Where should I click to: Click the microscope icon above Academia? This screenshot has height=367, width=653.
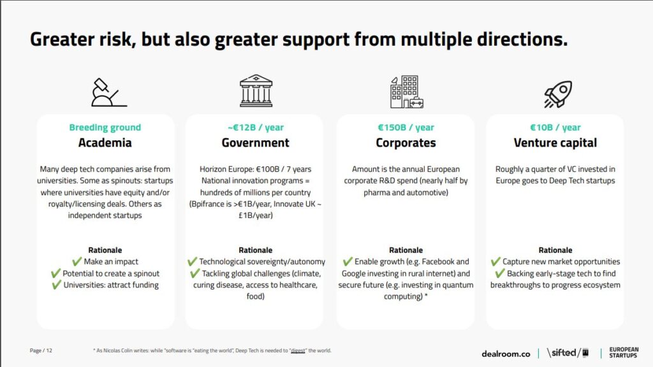tap(109, 92)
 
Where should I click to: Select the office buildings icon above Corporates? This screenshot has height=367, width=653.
tap(406, 92)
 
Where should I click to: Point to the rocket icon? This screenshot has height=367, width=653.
tap(558, 94)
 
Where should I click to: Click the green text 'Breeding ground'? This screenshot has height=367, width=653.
tap(105, 127)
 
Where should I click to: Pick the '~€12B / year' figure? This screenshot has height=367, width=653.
tap(255, 127)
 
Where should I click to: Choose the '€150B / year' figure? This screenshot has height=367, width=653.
tap(406, 127)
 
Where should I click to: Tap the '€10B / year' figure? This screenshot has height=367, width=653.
tap(555, 127)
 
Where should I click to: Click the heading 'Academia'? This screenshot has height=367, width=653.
tap(105, 143)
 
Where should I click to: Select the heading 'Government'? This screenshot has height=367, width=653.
tap(255, 143)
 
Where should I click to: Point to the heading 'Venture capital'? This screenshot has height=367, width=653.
tap(555, 143)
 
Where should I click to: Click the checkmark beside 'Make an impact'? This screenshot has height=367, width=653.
tap(77, 261)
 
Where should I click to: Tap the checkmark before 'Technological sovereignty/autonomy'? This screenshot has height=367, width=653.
tap(192, 261)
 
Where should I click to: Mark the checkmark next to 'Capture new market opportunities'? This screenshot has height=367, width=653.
tap(495, 261)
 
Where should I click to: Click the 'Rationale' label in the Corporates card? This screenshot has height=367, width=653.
tap(406, 250)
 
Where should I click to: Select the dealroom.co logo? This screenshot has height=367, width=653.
tap(506, 354)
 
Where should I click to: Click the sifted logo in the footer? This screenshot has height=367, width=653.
tap(568, 353)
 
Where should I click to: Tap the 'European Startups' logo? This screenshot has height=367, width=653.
tap(624, 352)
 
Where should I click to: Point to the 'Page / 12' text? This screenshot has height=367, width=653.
tap(41, 350)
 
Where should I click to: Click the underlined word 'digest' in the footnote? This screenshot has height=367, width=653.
tap(298, 350)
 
